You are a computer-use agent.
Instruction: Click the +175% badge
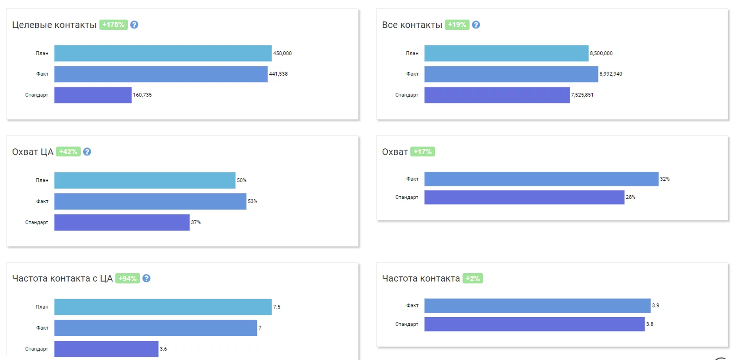pos(113,25)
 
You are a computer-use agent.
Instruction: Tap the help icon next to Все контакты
pos(476,25)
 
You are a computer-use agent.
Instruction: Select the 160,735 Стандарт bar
pos(93,95)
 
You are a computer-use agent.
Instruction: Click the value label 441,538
pos(278,74)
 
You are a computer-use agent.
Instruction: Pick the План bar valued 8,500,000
pos(506,53)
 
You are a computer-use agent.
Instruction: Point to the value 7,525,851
pos(582,95)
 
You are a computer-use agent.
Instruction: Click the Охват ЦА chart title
pos(33,152)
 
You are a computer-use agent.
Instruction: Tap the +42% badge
pos(68,152)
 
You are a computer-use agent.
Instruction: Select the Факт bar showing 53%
pos(150,201)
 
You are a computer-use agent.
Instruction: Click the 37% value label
pos(196,222)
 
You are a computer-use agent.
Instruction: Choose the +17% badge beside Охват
pos(423,152)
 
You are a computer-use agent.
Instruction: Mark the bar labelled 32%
pos(541,179)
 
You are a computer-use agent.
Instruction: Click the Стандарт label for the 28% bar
pos(407,197)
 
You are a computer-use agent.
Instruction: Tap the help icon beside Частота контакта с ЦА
pos(146,278)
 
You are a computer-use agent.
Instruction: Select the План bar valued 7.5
pos(163,307)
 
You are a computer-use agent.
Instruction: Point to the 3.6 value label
pos(163,349)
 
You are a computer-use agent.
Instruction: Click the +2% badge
pos(473,278)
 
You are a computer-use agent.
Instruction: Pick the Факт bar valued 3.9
pos(537,305)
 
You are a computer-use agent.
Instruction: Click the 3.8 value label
pos(649,324)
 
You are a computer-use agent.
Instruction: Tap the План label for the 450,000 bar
pos(42,53)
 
